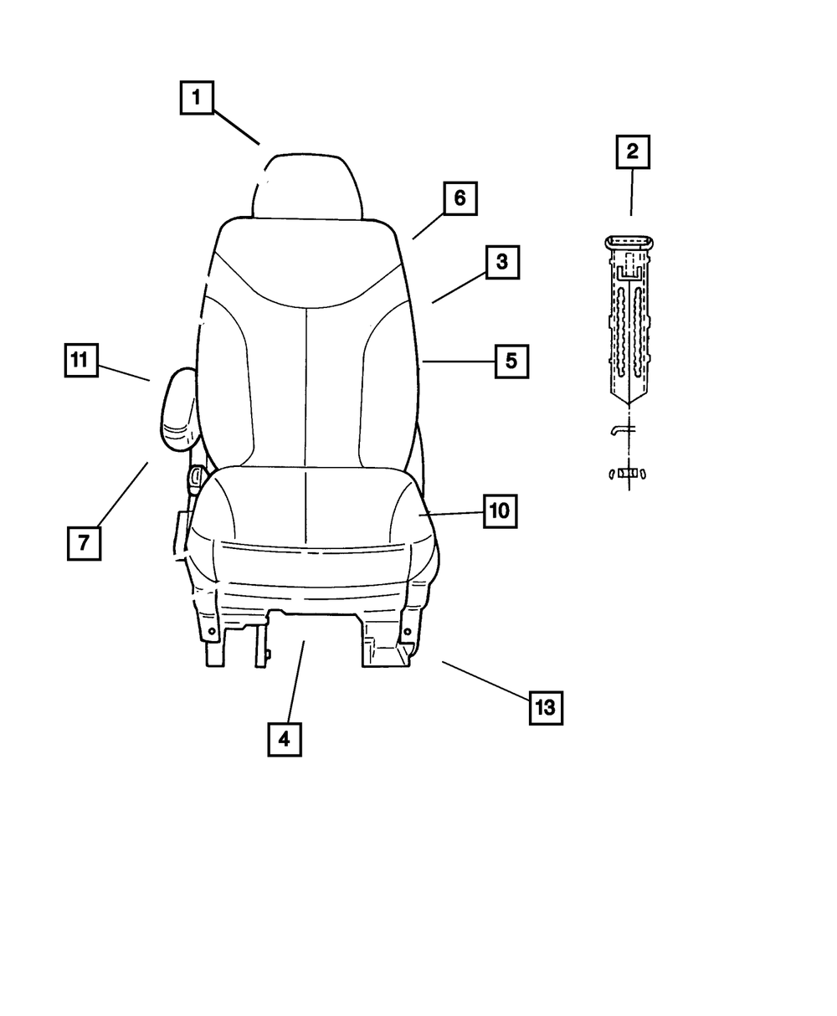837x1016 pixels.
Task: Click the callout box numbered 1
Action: [x=196, y=97]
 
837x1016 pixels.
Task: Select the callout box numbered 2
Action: [x=632, y=151]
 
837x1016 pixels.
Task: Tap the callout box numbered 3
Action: [x=501, y=262]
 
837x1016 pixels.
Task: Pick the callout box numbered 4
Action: [x=284, y=739]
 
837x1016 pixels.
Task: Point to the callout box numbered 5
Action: [x=511, y=362]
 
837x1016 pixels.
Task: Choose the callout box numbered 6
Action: [x=460, y=199]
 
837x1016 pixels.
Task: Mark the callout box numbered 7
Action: [x=83, y=542]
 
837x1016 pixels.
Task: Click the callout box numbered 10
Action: [x=499, y=511]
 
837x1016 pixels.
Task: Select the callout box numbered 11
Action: [x=80, y=361]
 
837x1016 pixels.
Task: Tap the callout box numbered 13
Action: [x=545, y=708]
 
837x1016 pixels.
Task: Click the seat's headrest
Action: [x=307, y=186]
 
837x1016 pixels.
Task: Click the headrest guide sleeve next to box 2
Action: [x=630, y=318]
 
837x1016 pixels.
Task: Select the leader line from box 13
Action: [x=485, y=679]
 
